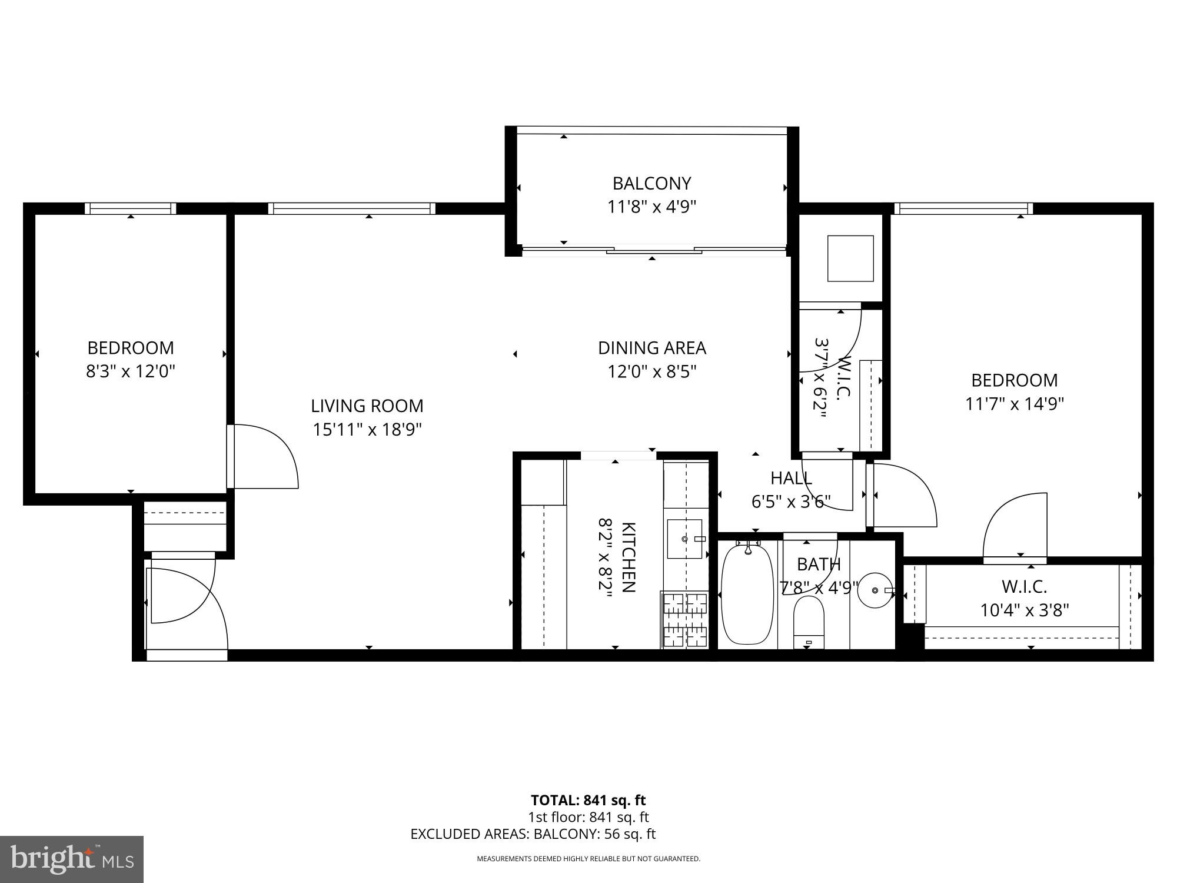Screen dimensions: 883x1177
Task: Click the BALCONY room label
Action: (651, 184)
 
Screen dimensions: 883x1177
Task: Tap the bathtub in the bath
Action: (747, 595)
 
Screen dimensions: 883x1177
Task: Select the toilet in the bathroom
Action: (809, 621)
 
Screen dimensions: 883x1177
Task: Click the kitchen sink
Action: (684, 539)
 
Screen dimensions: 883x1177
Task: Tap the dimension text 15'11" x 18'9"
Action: (367, 430)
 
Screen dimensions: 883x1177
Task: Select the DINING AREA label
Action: (651, 348)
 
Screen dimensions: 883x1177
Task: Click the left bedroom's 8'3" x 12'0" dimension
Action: (131, 371)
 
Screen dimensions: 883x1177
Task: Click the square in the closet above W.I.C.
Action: (850, 258)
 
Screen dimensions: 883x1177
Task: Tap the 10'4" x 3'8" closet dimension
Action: (1024, 610)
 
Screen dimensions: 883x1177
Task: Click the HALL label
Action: (791, 478)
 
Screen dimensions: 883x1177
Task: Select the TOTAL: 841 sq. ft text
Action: (588, 800)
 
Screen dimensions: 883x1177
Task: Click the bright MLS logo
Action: (71, 859)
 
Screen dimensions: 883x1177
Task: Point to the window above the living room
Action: (352, 208)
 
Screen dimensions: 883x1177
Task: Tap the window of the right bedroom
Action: (963, 208)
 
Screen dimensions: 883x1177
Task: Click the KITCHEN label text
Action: (628, 557)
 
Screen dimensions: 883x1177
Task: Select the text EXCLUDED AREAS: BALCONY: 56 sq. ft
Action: (533, 834)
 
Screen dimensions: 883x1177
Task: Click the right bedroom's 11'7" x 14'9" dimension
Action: (1014, 404)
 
